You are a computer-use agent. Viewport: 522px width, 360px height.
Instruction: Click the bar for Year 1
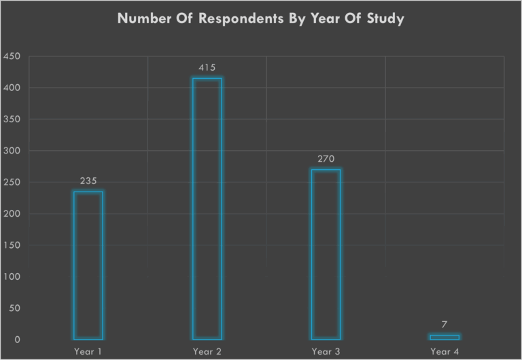(x=88, y=265)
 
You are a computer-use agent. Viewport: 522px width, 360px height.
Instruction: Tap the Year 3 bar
(x=326, y=255)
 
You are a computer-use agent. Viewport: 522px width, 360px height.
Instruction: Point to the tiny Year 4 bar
(x=445, y=337)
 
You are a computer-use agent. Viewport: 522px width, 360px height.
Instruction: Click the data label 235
(x=88, y=181)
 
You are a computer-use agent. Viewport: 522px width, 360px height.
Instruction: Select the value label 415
(x=207, y=68)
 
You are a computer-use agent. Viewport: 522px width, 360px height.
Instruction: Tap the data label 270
(x=326, y=159)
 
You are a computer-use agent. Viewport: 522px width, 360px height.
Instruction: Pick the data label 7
(x=445, y=325)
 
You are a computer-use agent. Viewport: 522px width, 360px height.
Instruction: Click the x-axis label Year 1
(x=88, y=351)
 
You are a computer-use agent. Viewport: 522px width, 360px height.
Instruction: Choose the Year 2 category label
(x=207, y=351)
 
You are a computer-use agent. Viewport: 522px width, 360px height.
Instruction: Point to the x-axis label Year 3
(x=326, y=351)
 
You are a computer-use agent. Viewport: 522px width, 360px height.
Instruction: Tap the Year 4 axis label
(x=445, y=351)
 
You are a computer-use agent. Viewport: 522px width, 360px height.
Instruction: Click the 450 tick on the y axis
(x=12, y=56)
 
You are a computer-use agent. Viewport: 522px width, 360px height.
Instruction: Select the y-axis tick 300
(x=12, y=151)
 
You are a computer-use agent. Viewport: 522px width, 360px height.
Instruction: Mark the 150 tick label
(x=12, y=245)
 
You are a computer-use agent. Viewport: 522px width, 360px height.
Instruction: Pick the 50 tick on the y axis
(x=14, y=308)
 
